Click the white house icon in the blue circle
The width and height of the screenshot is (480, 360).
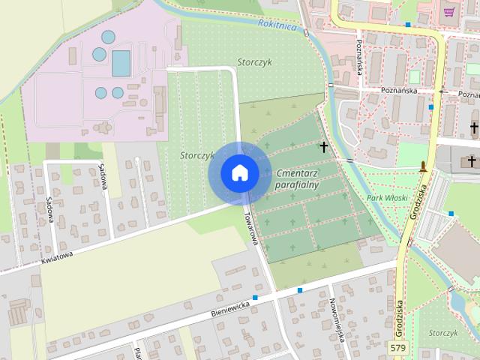[x=238, y=172]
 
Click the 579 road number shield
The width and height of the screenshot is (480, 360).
[x=399, y=347]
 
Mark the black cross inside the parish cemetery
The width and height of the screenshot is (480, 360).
[x=324, y=147]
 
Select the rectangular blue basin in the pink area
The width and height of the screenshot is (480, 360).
[x=121, y=64]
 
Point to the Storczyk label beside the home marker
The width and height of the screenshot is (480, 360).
[x=197, y=155]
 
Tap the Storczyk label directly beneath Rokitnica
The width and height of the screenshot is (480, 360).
[x=254, y=61]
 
